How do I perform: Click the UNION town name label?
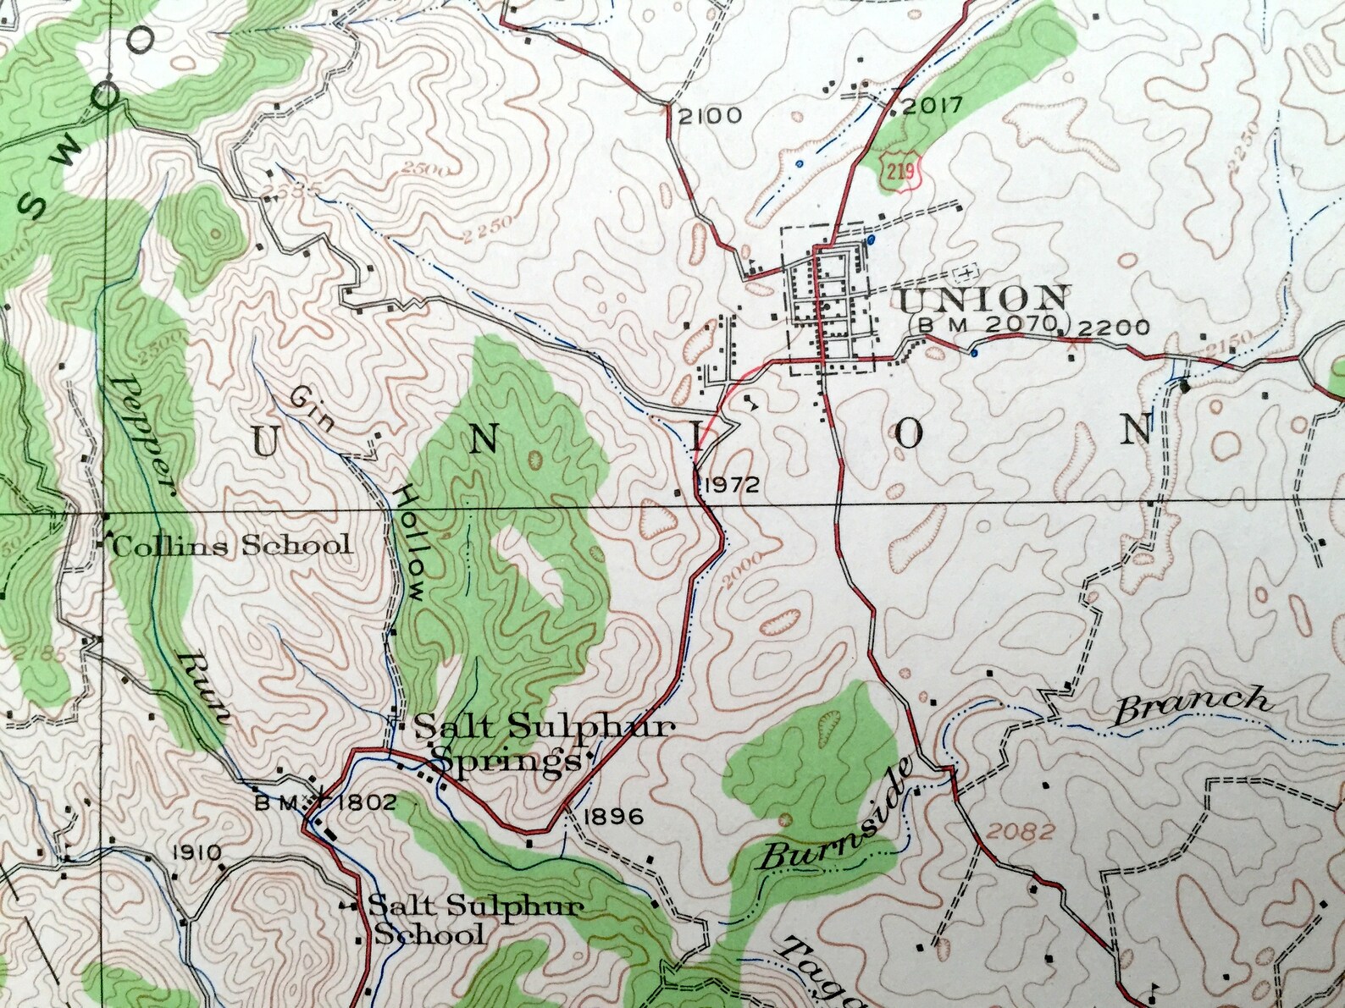pyautogui.click(x=982, y=298)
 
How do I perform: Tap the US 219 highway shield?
pyautogui.click(x=900, y=172)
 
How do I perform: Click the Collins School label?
pyautogui.click(x=230, y=546)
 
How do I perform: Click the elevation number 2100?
pyautogui.click(x=709, y=116)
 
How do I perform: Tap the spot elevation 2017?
pyautogui.click(x=932, y=106)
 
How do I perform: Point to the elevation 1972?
pyautogui.click(x=731, y=485)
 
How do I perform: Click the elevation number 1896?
pyautogui.click(x=614, y=817)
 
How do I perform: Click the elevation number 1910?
pyautogui.click(x=196, y=852)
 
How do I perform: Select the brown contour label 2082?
pyautogui.click(x=1020, y=831)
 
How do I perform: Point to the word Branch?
pyautogui.click(x=1191, y=706)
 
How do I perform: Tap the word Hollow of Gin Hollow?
pyautogui.click(x=410, y=542)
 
